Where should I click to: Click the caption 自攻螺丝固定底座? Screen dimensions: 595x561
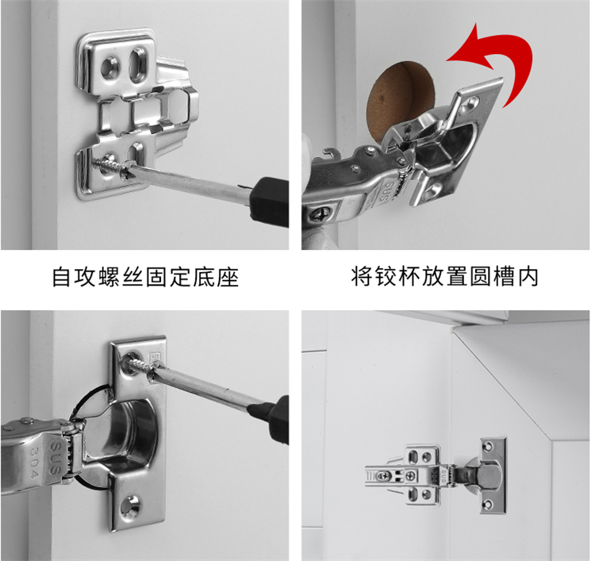145,277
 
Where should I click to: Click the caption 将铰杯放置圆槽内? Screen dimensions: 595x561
445,277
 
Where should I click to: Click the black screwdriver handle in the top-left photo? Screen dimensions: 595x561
270,202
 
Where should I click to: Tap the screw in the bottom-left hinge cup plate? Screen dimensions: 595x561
141,364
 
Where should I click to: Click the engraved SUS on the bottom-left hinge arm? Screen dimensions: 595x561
56,458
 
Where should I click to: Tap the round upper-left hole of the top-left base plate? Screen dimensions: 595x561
110,67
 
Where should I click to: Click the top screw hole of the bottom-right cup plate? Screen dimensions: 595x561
489,447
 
